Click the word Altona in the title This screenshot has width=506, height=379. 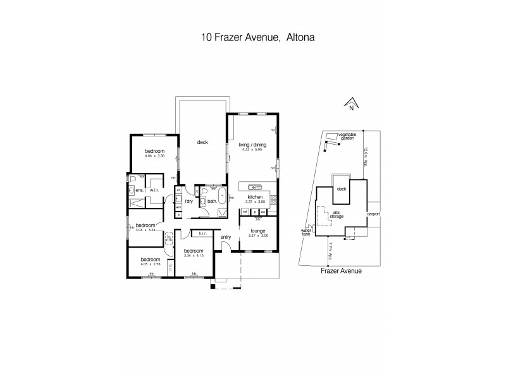coord(298,37)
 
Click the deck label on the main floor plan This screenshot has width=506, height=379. coord(202,142)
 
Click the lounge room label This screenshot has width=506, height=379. coord(256,231)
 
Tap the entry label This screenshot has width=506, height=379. coord(226,238)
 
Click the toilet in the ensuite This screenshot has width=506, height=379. coord(132,189)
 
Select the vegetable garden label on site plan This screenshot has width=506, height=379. coord(347,136)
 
